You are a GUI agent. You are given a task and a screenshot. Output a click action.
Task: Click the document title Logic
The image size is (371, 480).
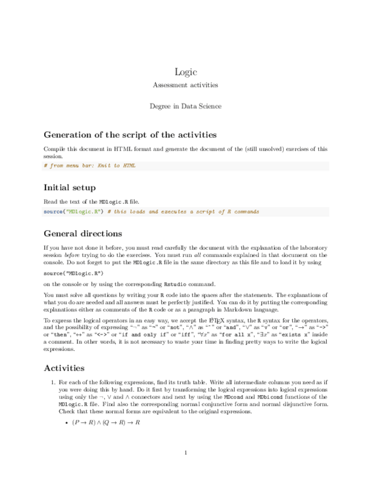click(185, 71)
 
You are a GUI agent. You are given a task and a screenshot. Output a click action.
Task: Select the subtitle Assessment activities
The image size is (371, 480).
click(185, 85)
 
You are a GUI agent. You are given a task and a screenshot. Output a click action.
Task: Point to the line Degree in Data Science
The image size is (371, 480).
click(185, 106)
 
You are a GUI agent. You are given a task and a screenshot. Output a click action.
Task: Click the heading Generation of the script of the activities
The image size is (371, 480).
click(130, 135)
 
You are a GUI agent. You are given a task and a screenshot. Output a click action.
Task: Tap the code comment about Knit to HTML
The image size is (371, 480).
click(89, 166)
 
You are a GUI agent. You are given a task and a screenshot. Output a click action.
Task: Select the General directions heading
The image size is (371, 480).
click(83, 233)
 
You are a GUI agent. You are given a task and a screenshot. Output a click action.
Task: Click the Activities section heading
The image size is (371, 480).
click(64, 368)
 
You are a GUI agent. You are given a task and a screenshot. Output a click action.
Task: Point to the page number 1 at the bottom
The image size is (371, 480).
click(185, 452)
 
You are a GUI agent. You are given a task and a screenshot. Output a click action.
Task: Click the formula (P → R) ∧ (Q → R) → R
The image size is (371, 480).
click(105, 423)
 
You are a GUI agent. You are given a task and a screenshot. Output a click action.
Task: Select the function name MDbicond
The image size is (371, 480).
click(269, 398)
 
